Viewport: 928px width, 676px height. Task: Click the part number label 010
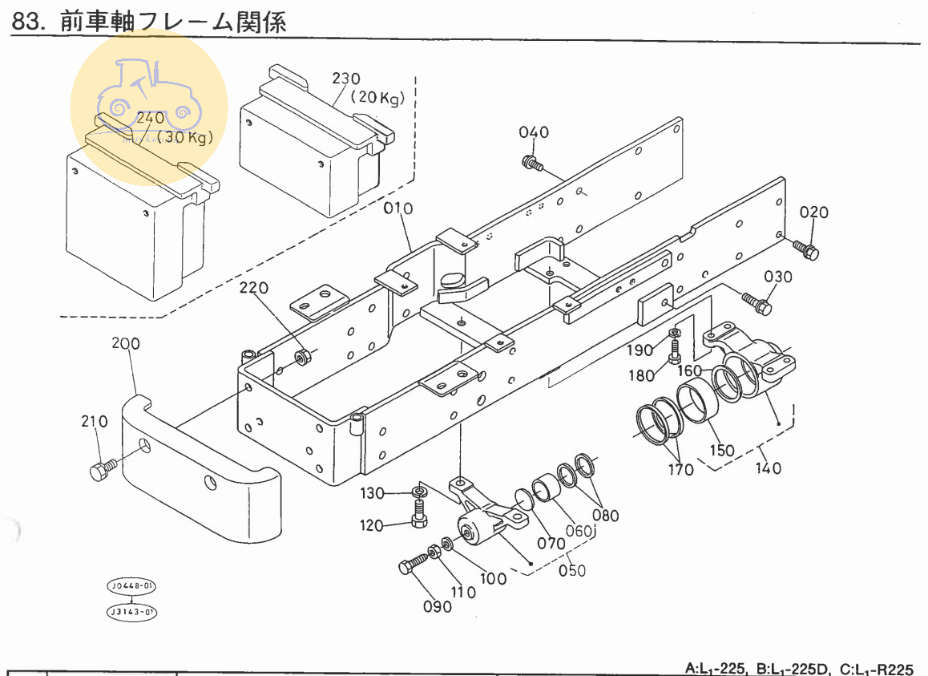point(397,209)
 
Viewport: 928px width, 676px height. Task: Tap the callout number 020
point(813,213)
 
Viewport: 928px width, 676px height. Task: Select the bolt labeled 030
point(756,303)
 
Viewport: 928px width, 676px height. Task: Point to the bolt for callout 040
point(531,164)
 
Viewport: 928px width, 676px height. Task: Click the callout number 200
point(125,343)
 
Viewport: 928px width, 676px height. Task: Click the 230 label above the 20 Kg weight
point(346,79)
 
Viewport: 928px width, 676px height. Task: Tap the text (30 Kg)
point(185,137)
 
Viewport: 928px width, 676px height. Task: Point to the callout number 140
point(768,468)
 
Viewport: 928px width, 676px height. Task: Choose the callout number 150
point(721,450)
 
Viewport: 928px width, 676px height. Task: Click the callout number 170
point(680,469)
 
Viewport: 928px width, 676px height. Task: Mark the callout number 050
point(571,570)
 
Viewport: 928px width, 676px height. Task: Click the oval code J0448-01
point(131,586)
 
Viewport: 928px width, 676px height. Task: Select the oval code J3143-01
point(131,613)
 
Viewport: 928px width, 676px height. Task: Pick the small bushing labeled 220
point(304,355)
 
